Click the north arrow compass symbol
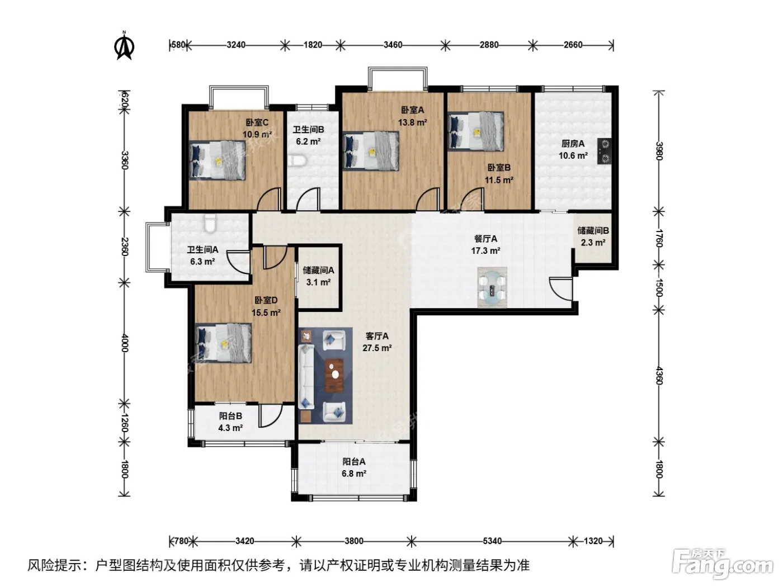[x=124, y=46]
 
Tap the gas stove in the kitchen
[x=605, y=151]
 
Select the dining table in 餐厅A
[x=492, y=287]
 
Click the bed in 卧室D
[x=223, y=343]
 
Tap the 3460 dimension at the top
[x=393, y=45]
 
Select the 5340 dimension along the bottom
[x=492, y=541]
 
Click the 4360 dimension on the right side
[x=658, y=376]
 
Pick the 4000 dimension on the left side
[x=125, y=343]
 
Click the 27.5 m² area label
[x=377, y=348]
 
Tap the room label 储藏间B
[x=593, y=230]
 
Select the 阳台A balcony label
[x=354, y=462]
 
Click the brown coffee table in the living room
[x=334, y=375]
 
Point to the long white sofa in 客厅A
[x=306, y=376]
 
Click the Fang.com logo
[x=723, y=564]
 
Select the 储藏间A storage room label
[x=318, y=271]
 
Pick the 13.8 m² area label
[x=412, y=122]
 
